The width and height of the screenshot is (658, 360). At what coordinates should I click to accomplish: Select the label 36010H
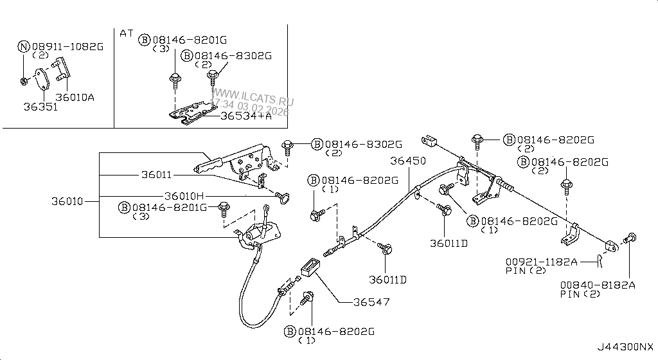point(184,195)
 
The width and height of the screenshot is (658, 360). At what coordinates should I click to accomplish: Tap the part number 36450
point(408,161)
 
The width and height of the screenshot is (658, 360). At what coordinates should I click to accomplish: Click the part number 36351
point(41,107)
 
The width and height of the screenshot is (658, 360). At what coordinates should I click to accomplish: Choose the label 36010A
point(75,97)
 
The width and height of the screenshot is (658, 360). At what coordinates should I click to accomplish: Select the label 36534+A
point(245,116)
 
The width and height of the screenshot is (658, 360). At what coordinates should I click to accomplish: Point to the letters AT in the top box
point(126,32)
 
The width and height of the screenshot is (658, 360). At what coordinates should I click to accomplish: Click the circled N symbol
point(23,47)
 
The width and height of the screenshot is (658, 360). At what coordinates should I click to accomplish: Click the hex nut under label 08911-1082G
point(24,80)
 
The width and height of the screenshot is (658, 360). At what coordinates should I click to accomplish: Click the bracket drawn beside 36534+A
point(190,113)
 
